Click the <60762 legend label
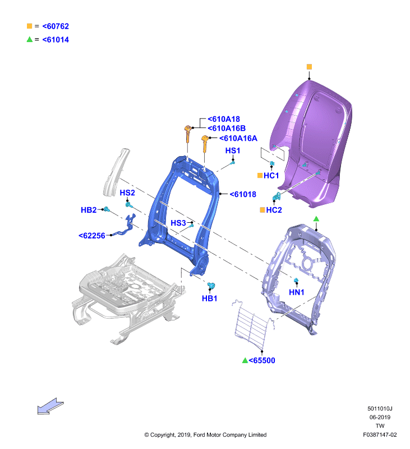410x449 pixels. click(56, 26)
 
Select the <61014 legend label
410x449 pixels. click(56, 40)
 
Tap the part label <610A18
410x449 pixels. click(224, 119)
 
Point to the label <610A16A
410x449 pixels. click(238, 138)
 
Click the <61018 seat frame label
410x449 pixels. click(243, 194)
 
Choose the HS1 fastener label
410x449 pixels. click(233, 150)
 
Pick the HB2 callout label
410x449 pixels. click(89, 210)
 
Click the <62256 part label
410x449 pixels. click(92, 236)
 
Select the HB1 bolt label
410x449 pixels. click(209, 299)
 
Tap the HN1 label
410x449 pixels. click(296, 292)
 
